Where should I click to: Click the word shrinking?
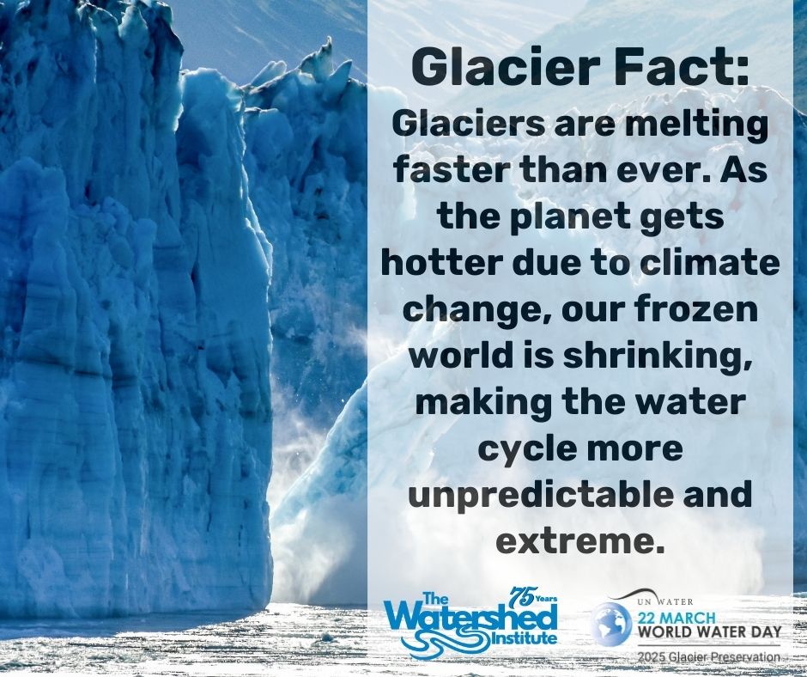click(656, 357)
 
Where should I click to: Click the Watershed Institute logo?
click(472, 621)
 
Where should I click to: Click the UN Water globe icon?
click(611, 624)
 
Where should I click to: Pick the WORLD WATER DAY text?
click(710, 631)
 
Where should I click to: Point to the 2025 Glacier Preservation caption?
click(708, 657)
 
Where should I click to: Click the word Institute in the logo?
click(525, 637)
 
